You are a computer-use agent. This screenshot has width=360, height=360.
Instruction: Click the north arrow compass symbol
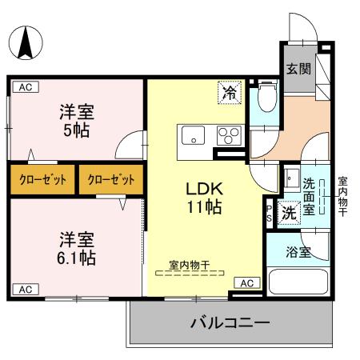[26, 42]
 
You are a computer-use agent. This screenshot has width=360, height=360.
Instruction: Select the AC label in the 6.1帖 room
[25, 289]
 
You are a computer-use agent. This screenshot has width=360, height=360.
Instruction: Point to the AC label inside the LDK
[247, 282]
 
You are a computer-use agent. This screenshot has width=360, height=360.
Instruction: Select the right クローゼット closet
[111, 178]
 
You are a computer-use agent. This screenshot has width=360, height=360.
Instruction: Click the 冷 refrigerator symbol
[230, 93]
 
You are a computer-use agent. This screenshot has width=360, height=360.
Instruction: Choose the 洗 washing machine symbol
[290, 212]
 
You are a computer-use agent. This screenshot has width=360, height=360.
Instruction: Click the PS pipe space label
[269, 212]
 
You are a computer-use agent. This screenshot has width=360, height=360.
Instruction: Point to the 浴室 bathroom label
[297, 251]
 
